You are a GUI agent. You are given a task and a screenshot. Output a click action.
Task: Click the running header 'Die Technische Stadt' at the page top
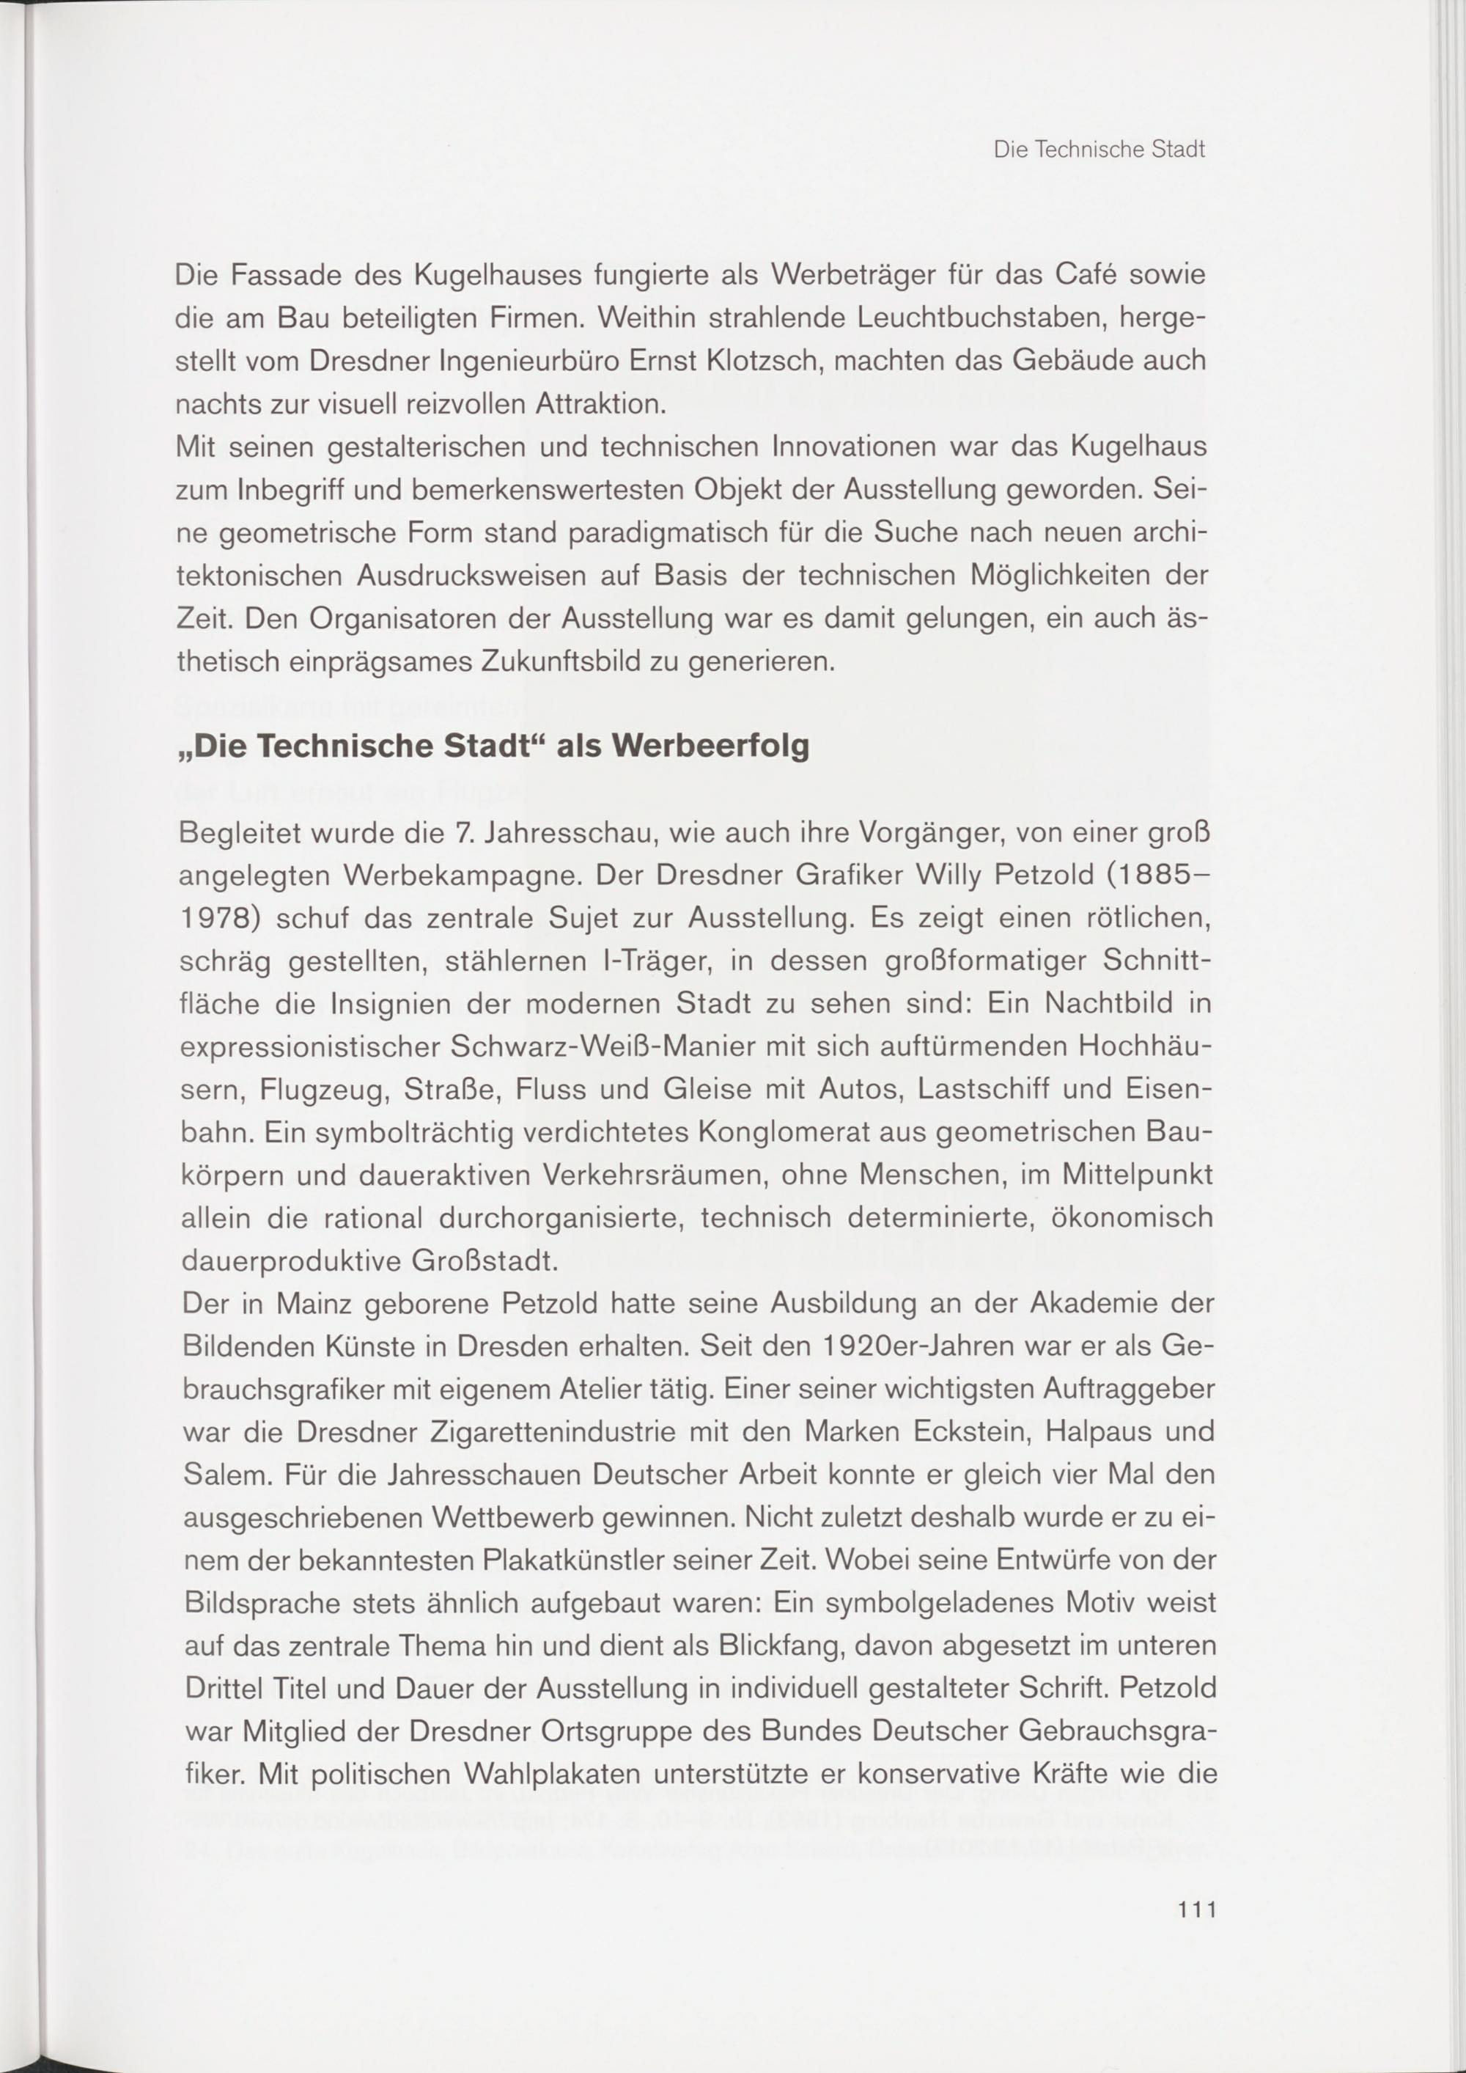coord(1099,150)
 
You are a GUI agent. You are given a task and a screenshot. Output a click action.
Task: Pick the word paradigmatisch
coord(664,534)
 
